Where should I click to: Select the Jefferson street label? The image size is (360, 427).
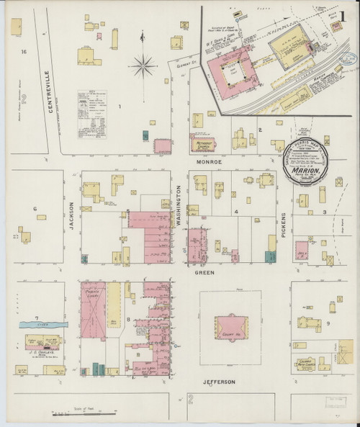[x=218, y=382]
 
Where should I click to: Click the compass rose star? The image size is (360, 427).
[x=144, y=68]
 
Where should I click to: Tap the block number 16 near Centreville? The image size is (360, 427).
[x=24, y=52]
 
